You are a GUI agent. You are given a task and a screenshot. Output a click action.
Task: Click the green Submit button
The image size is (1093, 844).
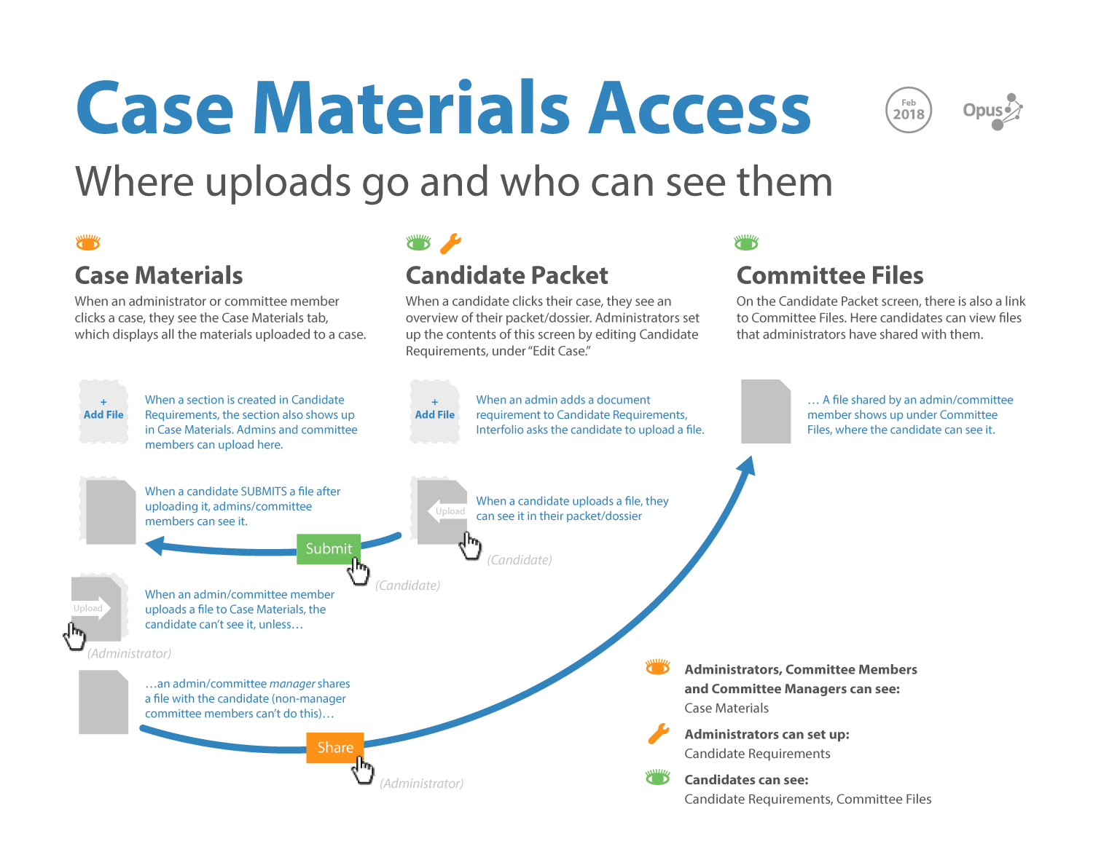click(x=329, y=549)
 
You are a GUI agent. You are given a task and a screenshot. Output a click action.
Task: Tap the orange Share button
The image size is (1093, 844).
click(x=334, y=748)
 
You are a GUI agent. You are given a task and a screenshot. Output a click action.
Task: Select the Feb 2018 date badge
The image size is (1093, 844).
click(x=909, y=110)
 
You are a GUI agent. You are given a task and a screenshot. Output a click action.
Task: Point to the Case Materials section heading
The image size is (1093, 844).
click(x=159, y=275)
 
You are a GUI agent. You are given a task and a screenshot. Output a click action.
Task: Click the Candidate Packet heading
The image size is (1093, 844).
click(x=506, y=275)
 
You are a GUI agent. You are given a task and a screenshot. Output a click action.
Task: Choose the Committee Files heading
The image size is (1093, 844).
click(x=830, y=275)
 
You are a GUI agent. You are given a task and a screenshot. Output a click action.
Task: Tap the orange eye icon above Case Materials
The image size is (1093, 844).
click(x=88, y=242)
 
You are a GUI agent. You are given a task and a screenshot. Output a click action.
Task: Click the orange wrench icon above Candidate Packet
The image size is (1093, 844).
click(x=451, y=242)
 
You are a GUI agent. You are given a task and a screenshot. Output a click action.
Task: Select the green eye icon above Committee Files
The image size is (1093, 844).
click(x=746, y=242)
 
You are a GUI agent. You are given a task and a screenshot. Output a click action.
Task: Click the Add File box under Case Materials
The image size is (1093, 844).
click(x=103, y=411)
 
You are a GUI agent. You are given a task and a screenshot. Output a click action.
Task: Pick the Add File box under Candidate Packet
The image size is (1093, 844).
click(x=435, y=411)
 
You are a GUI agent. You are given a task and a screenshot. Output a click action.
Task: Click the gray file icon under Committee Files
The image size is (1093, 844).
click(x=766, y=411)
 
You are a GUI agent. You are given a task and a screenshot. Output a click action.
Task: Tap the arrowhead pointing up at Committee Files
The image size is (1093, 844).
click(x=746, y=465)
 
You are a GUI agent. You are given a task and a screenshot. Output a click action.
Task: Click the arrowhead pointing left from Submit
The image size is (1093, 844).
click(x=154, y=545)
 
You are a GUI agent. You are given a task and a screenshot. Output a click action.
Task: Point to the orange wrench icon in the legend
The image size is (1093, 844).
click(x=659, y=734)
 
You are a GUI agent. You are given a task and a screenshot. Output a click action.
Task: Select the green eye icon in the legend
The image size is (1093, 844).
click(x=658, y=778)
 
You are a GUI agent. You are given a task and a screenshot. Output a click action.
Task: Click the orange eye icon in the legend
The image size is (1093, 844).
click(x=658, y=667)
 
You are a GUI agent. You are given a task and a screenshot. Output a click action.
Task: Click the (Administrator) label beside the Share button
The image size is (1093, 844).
click(x=422, y=784)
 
